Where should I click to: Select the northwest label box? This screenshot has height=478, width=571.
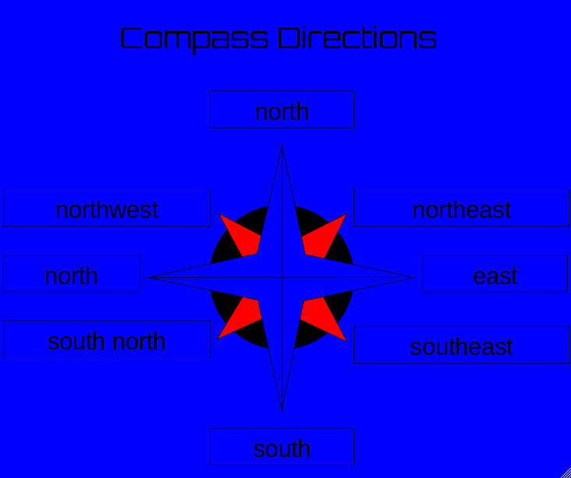click(x=107, y=209)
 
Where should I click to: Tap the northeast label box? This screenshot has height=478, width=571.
click(x=461, y=209)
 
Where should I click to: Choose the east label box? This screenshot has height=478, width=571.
click(x=495, y=275)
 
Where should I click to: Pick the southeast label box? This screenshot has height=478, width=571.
click(x=461, y=346)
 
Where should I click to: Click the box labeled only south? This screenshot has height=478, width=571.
click(x=282, y=448)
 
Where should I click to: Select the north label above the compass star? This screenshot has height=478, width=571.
click(x=282, y=111)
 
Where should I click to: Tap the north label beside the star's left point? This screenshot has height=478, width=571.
click(x=71, y=275)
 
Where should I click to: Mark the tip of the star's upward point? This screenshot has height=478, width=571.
click(x=282, y=147)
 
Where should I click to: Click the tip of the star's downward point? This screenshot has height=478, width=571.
click(x=282, y=409)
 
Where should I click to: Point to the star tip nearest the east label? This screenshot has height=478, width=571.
click(x=414, y=277)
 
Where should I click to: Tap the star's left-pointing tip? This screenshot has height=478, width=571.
click(x=149, y=277)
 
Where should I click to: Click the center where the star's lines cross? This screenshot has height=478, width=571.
click(x=282, y=277)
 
